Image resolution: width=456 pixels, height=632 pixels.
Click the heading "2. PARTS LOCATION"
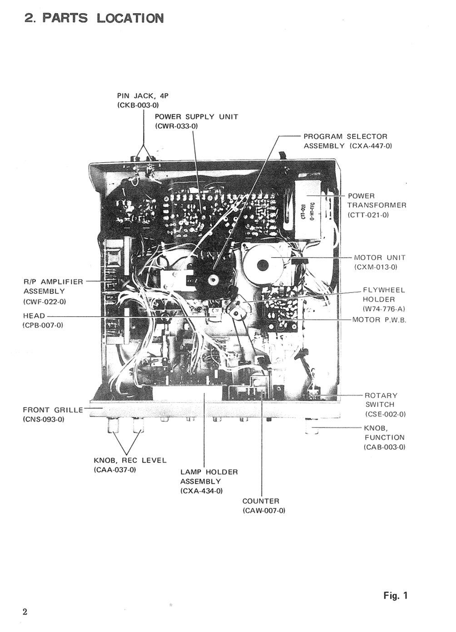[x=94, y=18]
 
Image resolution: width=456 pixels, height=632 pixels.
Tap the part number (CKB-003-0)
[x=138, y=105]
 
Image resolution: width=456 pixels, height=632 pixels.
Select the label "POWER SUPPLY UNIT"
[x=196, y=117]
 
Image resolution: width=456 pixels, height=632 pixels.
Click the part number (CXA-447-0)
[x=371, y=146]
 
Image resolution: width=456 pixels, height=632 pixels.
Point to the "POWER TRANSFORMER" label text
[x=377, y=200]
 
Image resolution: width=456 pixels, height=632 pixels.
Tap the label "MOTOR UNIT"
[x=380, y=258]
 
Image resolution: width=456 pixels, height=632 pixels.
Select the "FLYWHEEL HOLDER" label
[x=383, y=294]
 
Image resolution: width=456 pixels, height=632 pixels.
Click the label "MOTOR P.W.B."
[x=379, y=320]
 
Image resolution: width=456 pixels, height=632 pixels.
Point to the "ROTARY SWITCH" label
[x=381, y=400]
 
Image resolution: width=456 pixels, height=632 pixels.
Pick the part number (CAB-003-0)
[x=384, y=447]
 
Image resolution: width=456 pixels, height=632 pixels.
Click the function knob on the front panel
[x=312, y=428]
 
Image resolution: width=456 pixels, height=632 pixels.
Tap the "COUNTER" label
[x=261, y=501]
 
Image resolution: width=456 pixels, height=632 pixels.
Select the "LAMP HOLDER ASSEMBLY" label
[x=208, y=477]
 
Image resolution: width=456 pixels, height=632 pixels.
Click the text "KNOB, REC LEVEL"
[x=130, y=460]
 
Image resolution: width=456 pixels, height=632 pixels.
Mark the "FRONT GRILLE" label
[x=53, y=410]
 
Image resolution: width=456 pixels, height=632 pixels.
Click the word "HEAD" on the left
[x=34, y=316]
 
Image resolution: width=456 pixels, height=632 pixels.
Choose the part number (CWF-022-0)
[x=45, y=301]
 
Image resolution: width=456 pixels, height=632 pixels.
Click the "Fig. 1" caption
[x=395, y=596]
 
